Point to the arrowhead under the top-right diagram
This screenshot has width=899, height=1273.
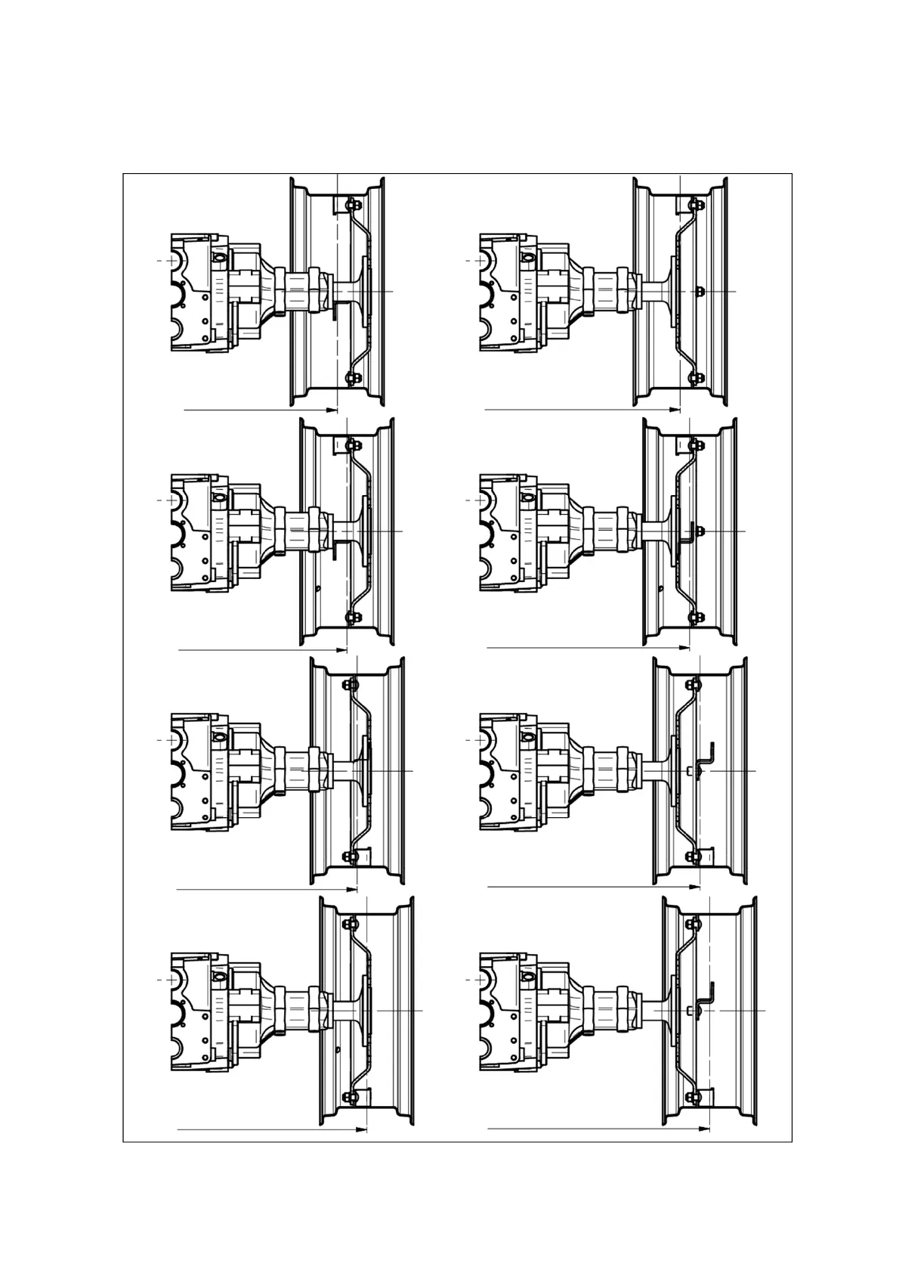(x=675, y=410)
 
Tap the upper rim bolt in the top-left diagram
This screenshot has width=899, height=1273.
(x=348, y=203)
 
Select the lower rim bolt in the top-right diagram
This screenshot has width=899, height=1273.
(x=693, y=376)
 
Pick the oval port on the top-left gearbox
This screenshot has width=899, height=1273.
(x=218, y=259)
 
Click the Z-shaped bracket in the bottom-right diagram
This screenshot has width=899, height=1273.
(x=710, y=998)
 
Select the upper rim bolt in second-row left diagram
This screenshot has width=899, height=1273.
(x=349, y=444)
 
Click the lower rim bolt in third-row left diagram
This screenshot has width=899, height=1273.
(x=349, y=856)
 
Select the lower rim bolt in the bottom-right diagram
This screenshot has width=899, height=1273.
(x=693, y=1096)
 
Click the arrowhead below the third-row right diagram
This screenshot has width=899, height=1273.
(x=695, y=886)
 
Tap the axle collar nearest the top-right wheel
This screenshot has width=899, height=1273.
(x=626, y=291)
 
